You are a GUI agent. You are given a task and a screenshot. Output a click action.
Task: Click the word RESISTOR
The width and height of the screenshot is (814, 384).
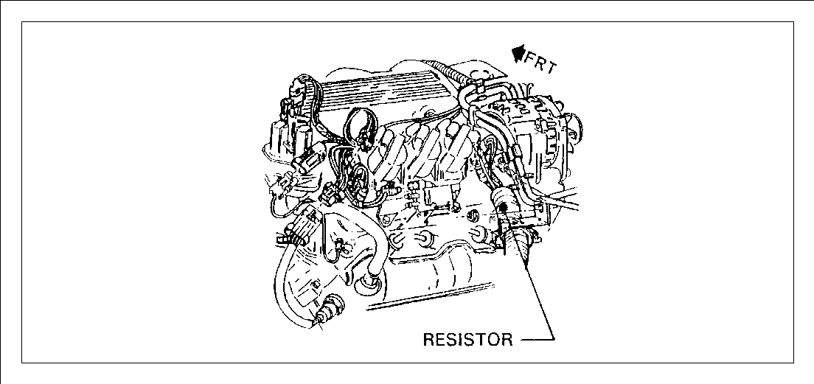(x=467, y=339)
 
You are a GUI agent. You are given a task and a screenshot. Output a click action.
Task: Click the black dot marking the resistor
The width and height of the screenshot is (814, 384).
(x=503, y=207)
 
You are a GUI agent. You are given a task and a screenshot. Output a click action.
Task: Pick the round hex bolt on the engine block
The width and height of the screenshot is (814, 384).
(x=473, y=215)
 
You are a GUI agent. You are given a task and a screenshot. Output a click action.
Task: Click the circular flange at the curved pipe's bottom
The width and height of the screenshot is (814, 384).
(x=369, y=285)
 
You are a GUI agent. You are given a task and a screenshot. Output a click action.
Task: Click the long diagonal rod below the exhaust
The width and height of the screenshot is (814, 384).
(x=429, y=297)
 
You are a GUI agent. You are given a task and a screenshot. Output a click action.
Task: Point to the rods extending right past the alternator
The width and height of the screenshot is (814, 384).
(x=560, y=200)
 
